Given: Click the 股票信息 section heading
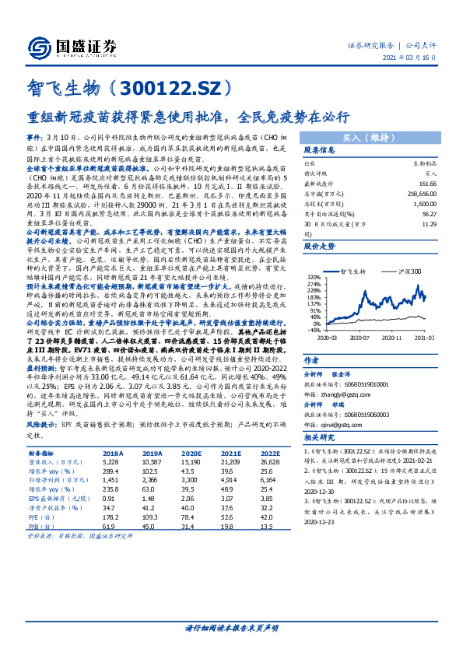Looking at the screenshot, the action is coord(320,149).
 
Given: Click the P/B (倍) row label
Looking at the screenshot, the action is coord(40,528).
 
